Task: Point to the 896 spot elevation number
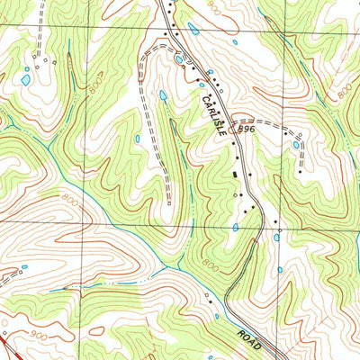point(247,130)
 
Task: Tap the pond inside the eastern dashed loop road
point(296,144)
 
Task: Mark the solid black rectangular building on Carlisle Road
point(237,174)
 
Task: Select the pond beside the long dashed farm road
point(163,94)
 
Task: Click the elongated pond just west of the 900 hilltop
point(193,28)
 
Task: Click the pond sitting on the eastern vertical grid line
point(278,236)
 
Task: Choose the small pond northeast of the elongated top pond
point(235,41)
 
